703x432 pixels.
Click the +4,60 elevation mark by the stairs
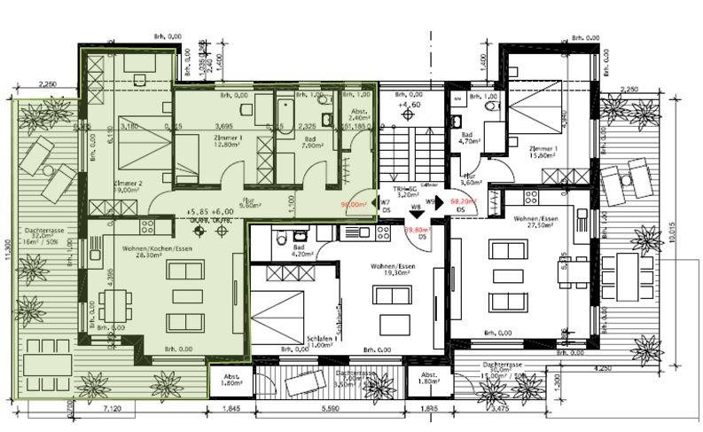pyautogui.click(x=410, y=105)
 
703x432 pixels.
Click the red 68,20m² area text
pyautogui.click(x=464, y=201)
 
